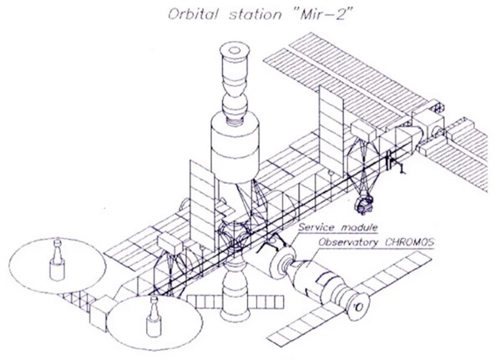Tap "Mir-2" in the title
pos(298,14)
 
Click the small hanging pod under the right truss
pos(364,200)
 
